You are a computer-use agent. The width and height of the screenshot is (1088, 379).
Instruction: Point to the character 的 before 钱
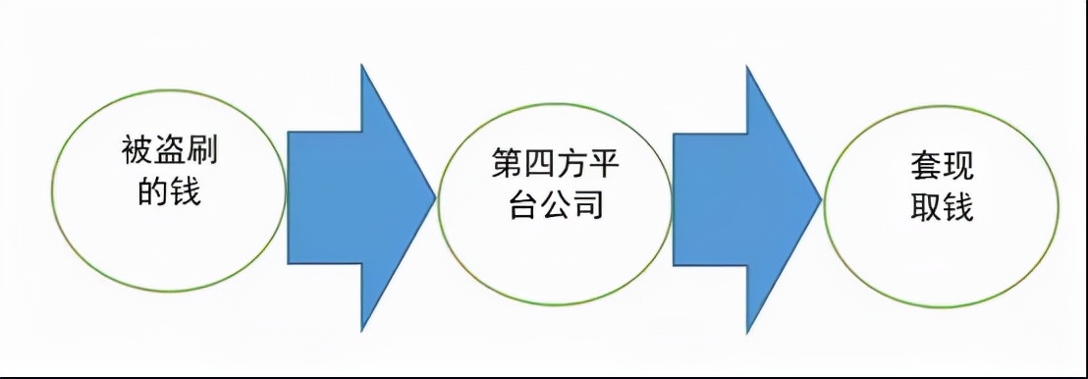pos(153,192)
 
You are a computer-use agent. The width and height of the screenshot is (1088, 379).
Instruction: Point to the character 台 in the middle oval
pos(521,207)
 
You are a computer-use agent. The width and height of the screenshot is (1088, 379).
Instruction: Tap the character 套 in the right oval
pos(926,168)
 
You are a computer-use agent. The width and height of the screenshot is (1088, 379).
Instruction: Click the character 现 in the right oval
pos(958,168)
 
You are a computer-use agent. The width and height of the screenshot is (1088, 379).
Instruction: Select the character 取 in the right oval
pos(926,207)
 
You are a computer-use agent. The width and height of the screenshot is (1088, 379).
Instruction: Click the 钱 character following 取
pos(958,207)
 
